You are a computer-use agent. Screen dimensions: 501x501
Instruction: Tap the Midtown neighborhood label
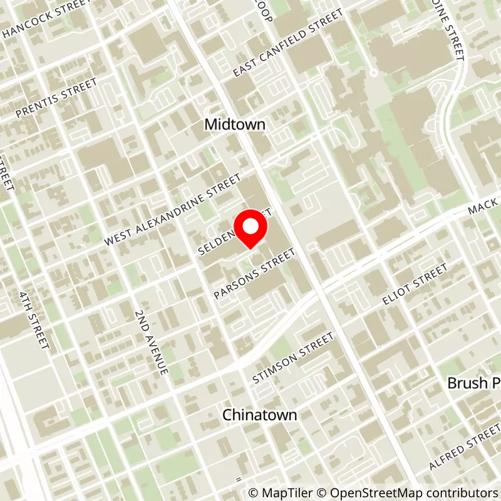click(235, 125)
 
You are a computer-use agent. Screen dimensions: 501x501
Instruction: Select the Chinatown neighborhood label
click(259, 415)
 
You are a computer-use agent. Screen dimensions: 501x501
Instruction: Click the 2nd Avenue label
click(152, 342)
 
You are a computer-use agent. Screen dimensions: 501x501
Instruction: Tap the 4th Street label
click(34, 320)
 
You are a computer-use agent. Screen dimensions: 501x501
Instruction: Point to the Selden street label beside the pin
click(217, 241)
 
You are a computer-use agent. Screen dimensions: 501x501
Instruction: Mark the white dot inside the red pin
click(250, 226)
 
